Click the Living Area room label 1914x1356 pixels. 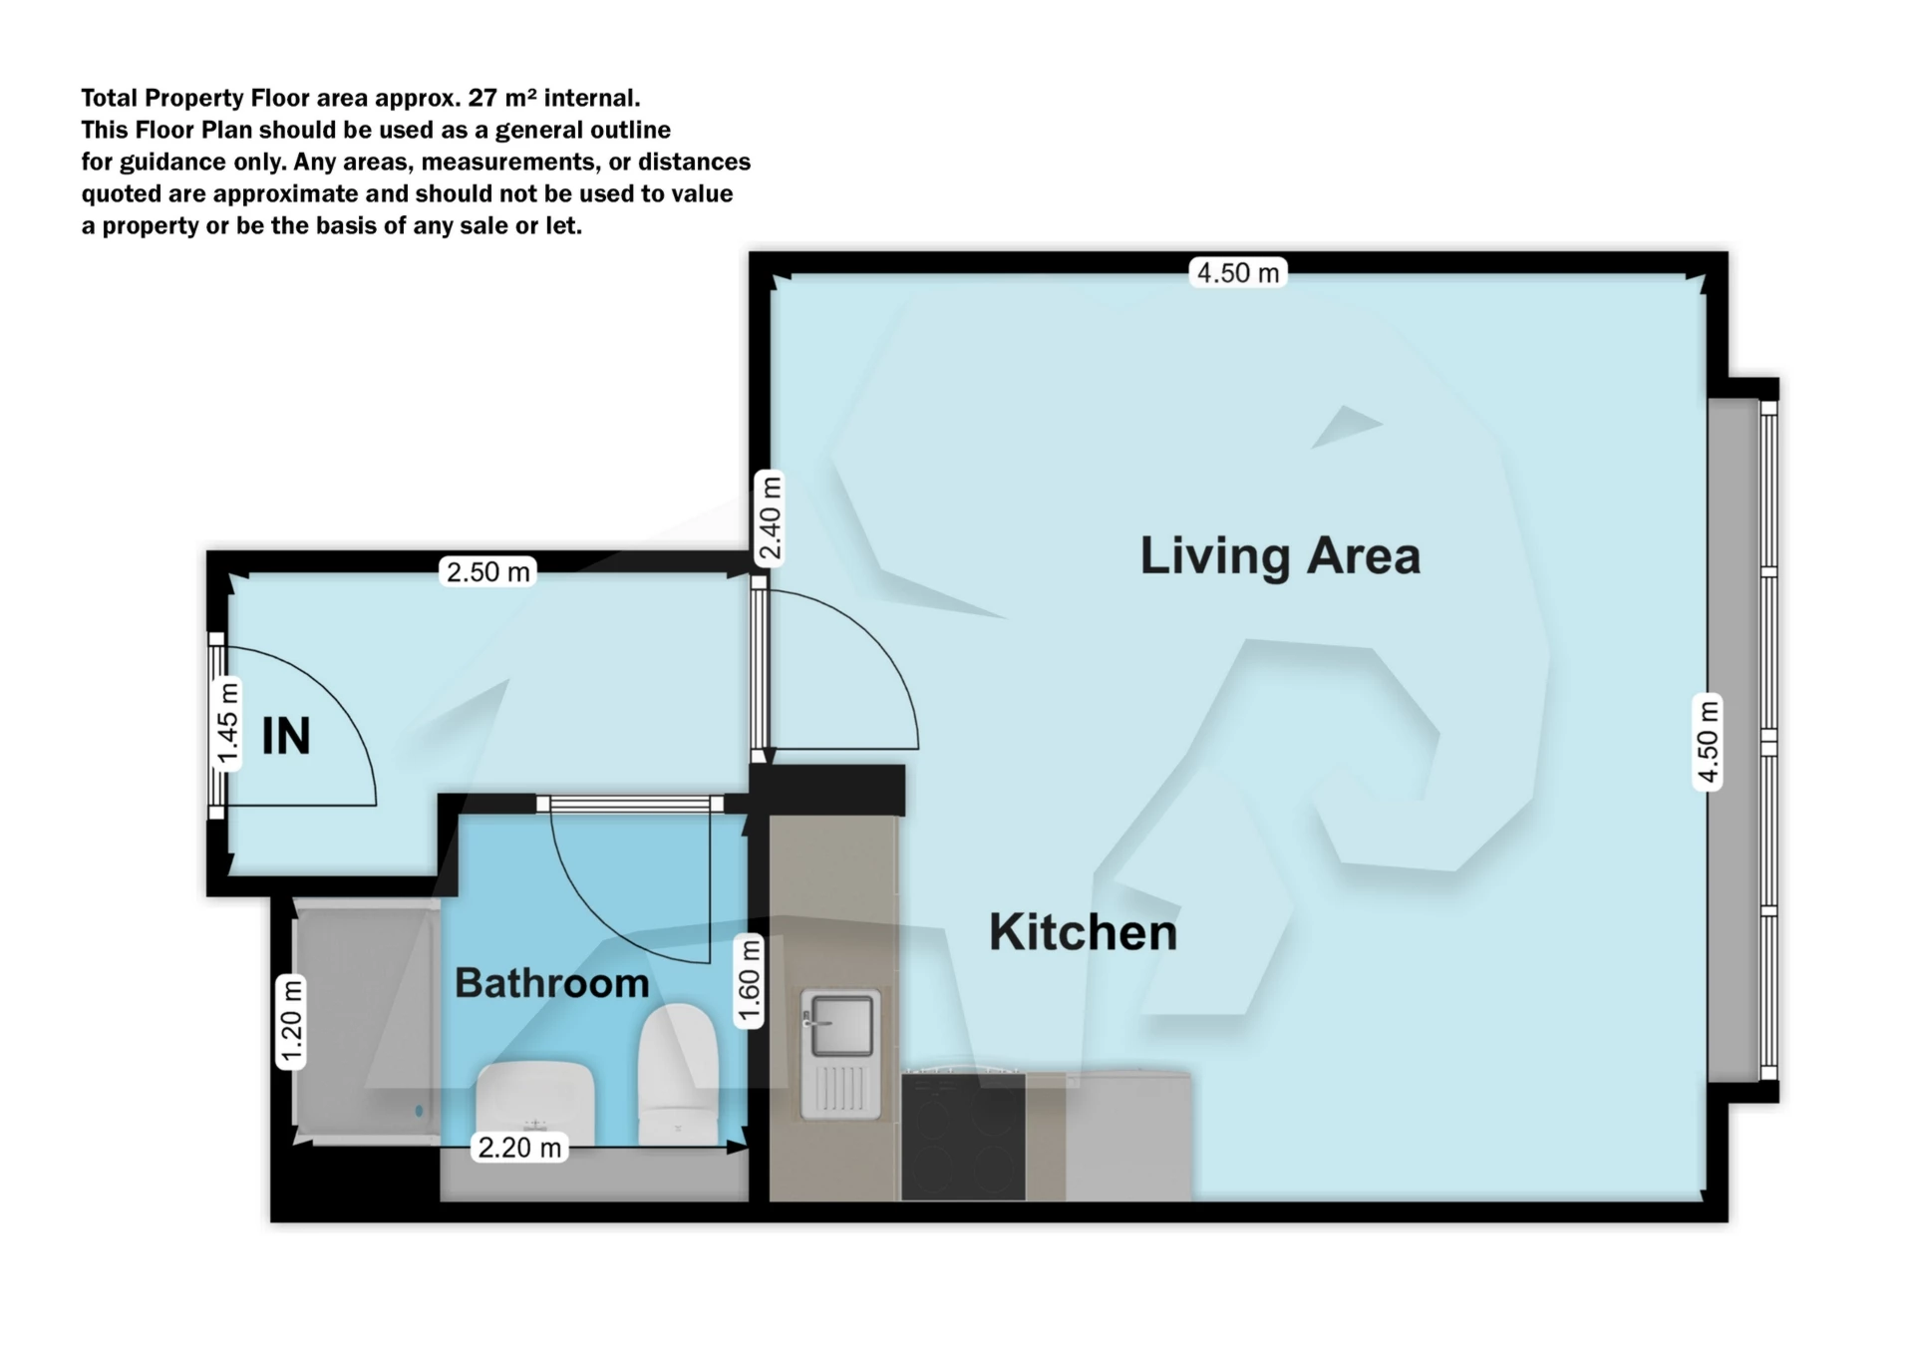[x=1280, y=556]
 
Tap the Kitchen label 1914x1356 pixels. [x=1083, y=932]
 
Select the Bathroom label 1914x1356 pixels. [x=552, y=983]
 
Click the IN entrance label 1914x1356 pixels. [x=286, y=737]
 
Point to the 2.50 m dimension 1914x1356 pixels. [x=487, y=571]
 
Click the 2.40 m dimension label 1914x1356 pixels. [x=770, y=517]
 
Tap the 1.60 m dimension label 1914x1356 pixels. [x=749, y=981]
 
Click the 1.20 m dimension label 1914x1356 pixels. [x=290, y=1022]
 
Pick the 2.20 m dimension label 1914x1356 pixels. [x=519, y=1148]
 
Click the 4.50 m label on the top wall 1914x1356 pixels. [x=1238, y=273]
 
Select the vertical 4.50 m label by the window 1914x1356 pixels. [x=1708, y=742]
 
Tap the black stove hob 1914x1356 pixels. [x=963, y=1137]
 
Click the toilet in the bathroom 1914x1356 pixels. [x=678, y=1075]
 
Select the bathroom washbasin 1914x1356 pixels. [x=535, y=1104]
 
